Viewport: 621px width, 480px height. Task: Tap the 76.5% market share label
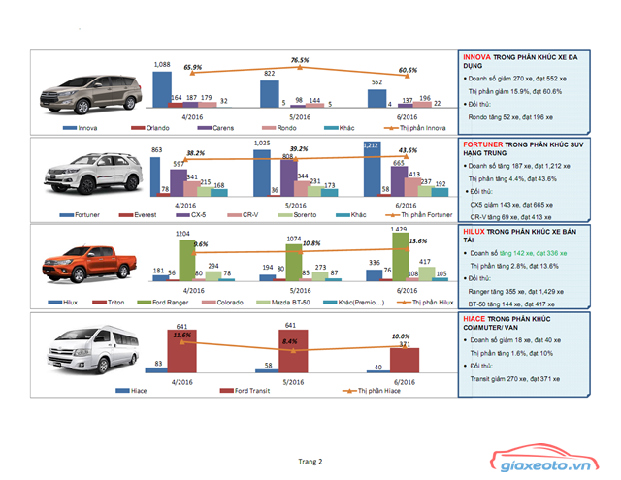pyautogui.click(x=300, y=60)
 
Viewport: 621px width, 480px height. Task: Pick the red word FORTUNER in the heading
pyautogui.click(x=483, y=145)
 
